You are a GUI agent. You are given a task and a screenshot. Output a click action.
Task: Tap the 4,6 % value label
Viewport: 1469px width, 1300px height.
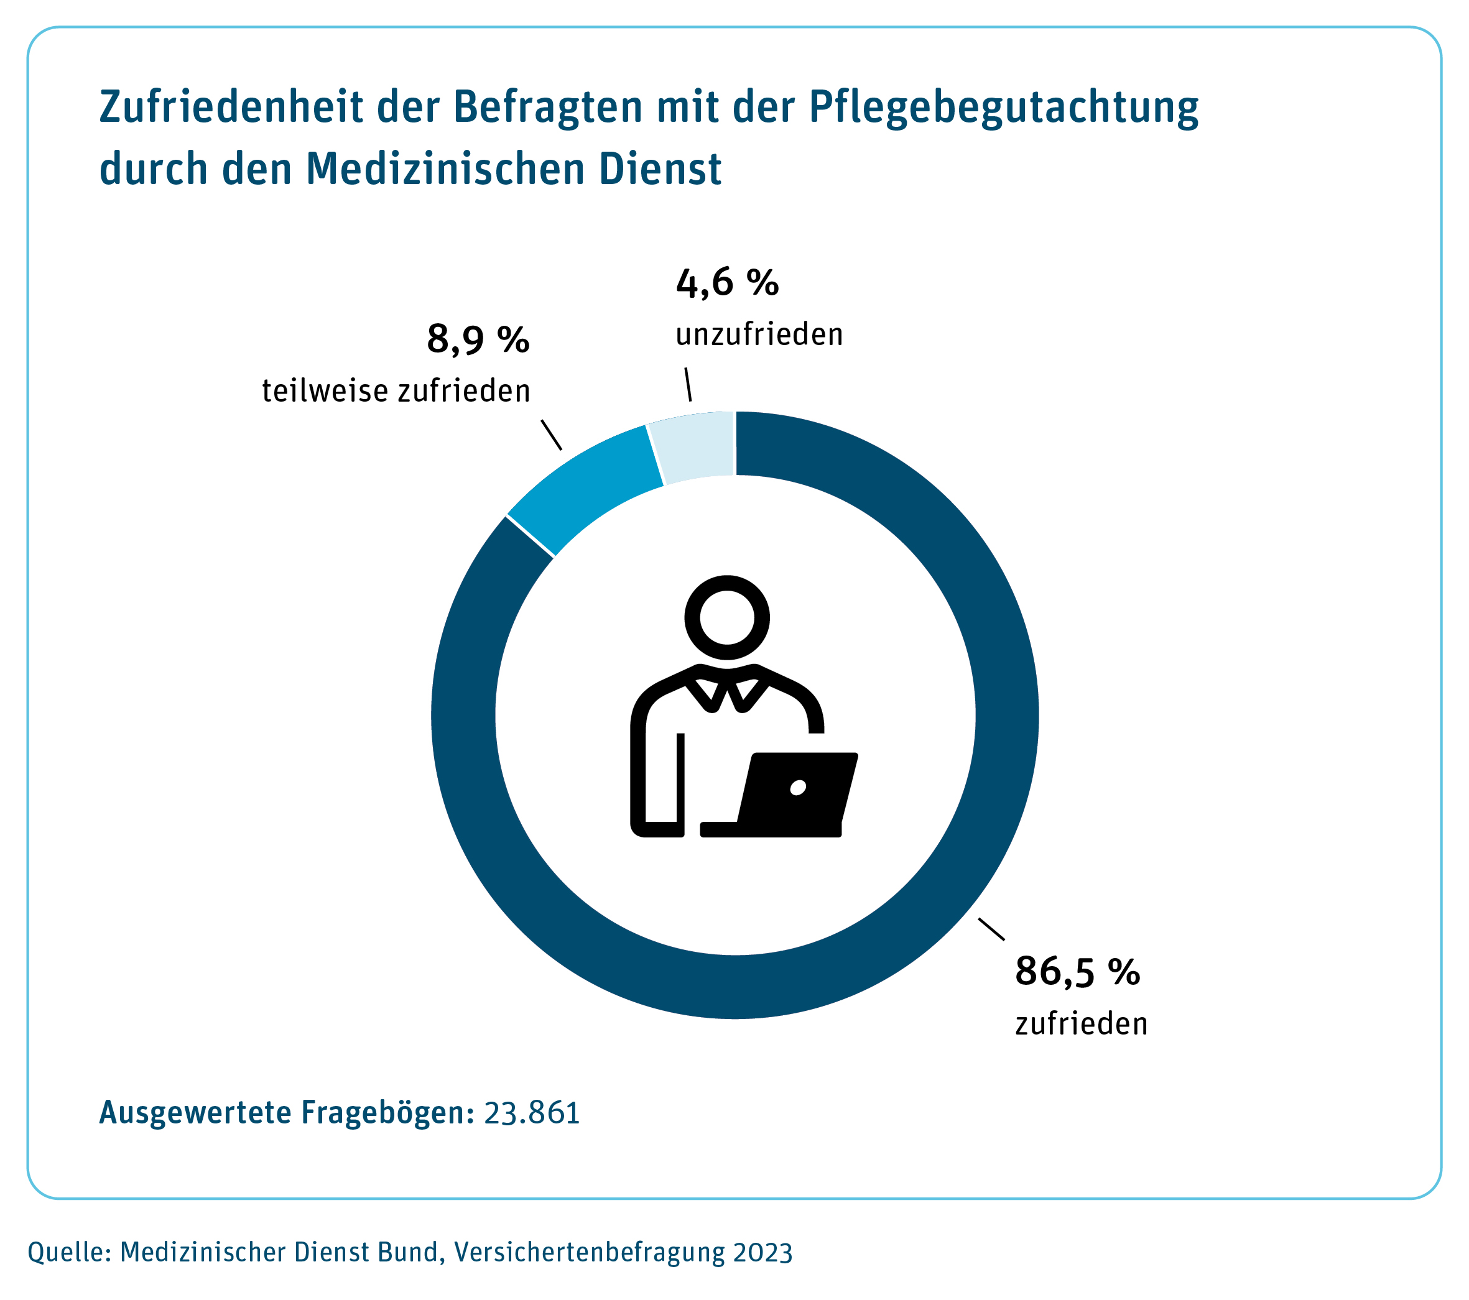click(x=726, y=282)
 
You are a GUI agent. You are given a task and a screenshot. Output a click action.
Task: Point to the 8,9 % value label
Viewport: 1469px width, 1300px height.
click(x=478, y=339)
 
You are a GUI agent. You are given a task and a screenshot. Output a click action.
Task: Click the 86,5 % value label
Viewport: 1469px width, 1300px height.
click(x=1077, y=972)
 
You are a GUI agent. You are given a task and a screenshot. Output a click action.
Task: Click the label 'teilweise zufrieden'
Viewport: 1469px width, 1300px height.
click(x=396, y=392)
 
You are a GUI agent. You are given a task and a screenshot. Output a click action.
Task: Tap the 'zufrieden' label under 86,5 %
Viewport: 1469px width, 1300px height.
click(x=1081, y=1024)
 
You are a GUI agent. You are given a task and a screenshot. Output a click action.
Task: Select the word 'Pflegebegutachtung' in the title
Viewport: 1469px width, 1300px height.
click(x=1003, y=108)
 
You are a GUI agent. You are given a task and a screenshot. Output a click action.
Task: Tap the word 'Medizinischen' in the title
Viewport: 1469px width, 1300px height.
click(x=445, y=169)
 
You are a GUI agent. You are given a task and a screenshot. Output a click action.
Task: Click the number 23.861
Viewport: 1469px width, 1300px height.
click(x=532, y=1112)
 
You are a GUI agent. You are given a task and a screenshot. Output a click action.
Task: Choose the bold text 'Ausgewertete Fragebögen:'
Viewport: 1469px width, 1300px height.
click(x=287, y=1112)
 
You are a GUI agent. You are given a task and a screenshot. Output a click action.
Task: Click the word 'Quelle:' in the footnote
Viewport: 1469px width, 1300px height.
click(x=69, y=1252)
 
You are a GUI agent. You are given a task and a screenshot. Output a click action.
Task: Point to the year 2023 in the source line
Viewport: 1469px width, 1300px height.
click(x=762, y=1253)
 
